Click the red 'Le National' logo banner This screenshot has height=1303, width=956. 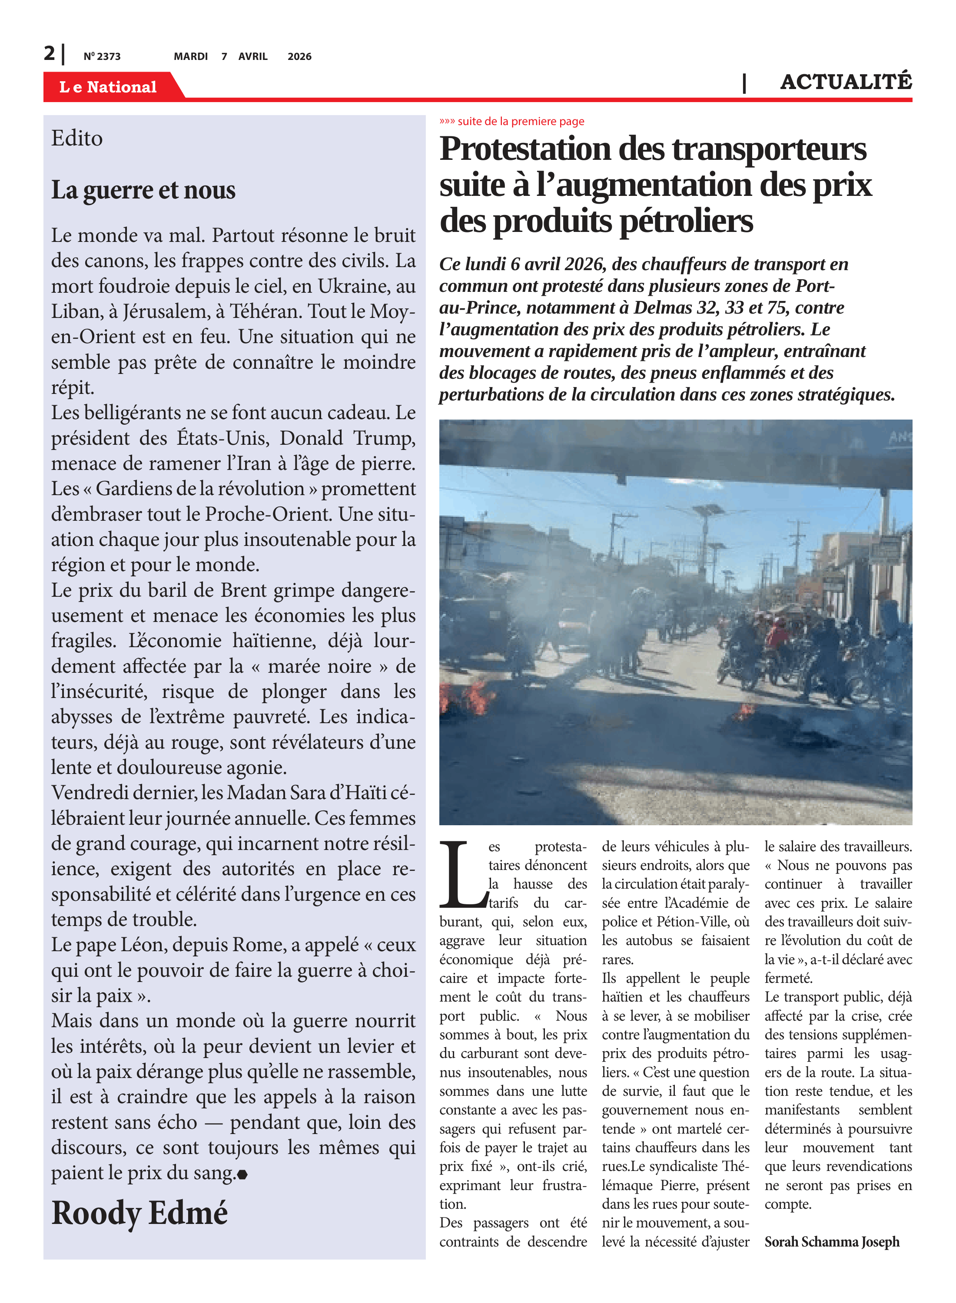point(108,87)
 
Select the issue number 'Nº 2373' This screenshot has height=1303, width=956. point(102,56)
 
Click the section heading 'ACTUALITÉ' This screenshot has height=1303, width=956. point(846,82)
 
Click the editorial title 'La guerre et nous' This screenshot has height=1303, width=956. point(143,190)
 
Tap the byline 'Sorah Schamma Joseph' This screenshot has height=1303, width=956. point(832,1242)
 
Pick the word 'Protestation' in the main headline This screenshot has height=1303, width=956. point(525,149)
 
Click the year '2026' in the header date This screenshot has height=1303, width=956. point(299,56)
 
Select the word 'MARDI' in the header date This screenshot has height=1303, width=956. point(190,56)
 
